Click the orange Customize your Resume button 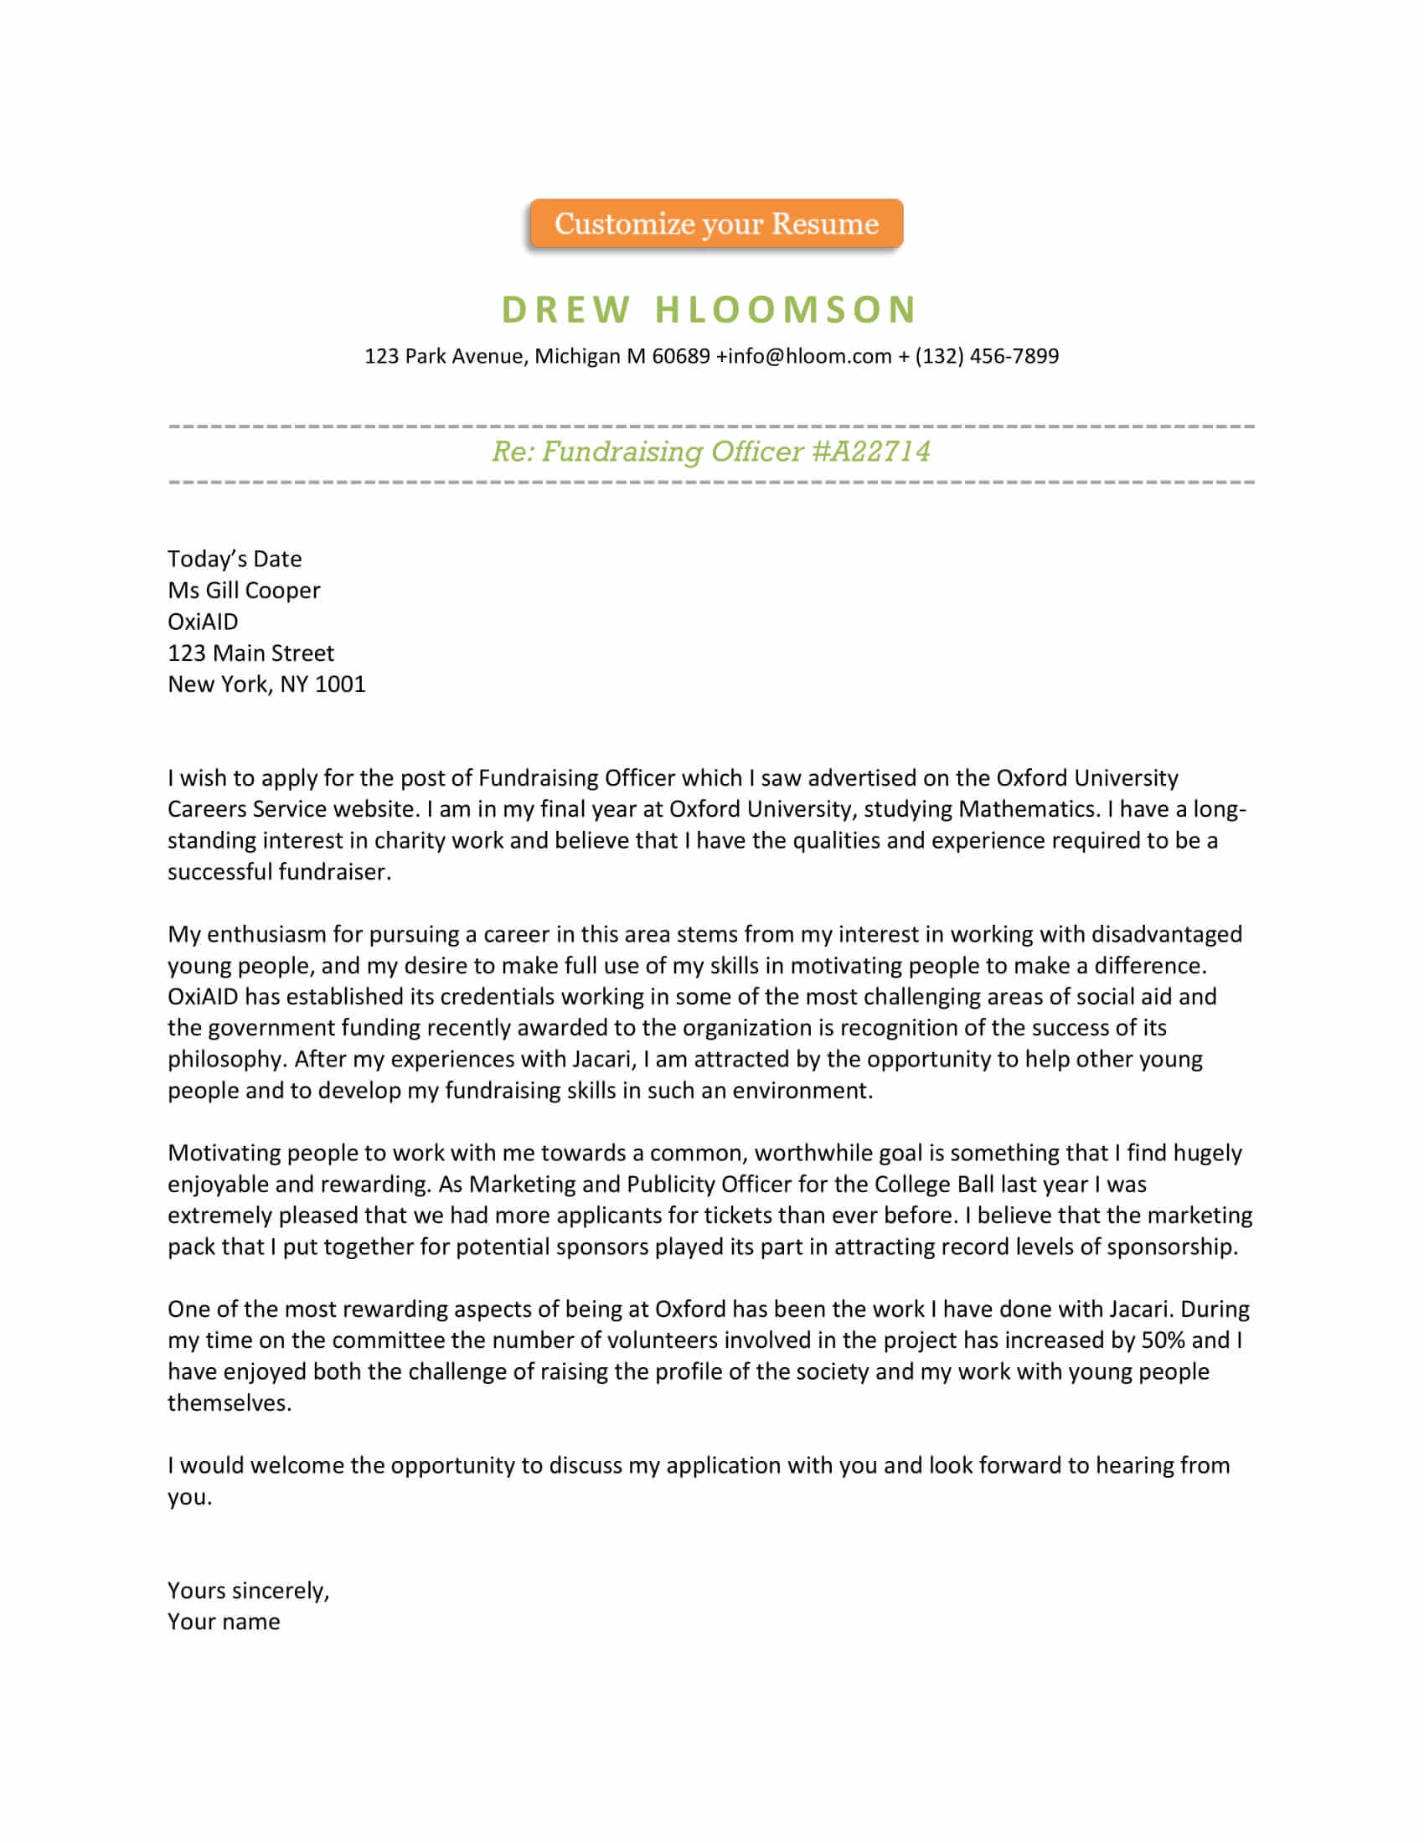[x=716, y=224]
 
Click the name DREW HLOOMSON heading [x=709, y=310]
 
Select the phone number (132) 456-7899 [x=986, y=356]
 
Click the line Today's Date [x=235, y=559]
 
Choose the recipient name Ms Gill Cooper [x=244, y=590]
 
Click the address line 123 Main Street [x=250, y=653]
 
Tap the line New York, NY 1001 [x=266, y=684]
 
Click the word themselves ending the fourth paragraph [x=229, y=1402]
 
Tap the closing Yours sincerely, [x=248, y=1591]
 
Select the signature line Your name [x=224, y=1622]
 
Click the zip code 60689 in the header [x=681, y=356]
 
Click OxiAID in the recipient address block [x=203, y=622]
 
